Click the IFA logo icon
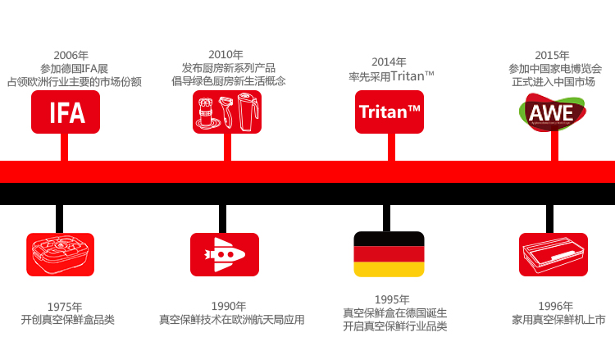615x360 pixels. coord(66,112)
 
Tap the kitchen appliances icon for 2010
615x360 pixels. coord(225,112)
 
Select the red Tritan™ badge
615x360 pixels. coord(389,112)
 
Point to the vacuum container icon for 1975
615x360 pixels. coord(60,254)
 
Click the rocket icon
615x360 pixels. coord(225,254)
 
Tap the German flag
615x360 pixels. coord(389,254)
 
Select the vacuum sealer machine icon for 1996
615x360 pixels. coord(553,254)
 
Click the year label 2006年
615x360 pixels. coord(71,55)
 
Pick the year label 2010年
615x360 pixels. coord(225,54)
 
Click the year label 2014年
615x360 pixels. coord(389,62)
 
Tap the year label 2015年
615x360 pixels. coord(552,55)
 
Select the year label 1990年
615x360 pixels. coord(229,306)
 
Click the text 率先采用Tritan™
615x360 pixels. coord(390,76)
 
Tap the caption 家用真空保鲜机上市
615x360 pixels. coord(558,320)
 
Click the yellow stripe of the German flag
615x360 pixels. coord(389,269)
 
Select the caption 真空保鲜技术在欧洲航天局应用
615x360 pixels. coord(232,320)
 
